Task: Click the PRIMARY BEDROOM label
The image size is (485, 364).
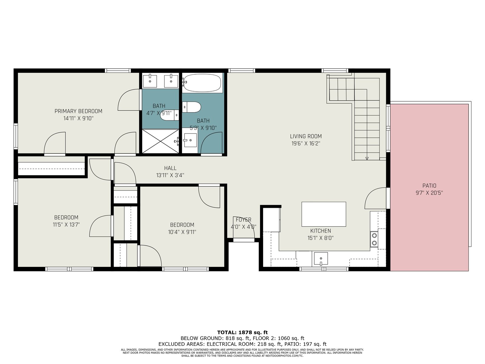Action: coord(79,111)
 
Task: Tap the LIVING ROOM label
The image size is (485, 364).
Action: coord(306,136)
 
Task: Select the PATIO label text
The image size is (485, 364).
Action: coord(429,186)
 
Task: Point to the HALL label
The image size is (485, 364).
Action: coord(170,168)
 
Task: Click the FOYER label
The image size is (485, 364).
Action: coord(243,220)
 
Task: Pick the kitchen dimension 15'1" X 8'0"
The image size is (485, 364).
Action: coord(320,238)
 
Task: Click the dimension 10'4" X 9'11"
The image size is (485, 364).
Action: coord(182,232)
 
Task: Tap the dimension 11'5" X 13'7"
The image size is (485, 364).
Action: coord(66,225)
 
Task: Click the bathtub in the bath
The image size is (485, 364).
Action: coord(202,83)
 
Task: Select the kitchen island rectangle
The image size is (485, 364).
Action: coord(324,214)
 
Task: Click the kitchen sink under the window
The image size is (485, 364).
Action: coord(321,258)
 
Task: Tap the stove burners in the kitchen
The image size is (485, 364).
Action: coord(374,239)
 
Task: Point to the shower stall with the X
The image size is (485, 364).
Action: coord(160,141)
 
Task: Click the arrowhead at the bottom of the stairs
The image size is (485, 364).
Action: coord(367,158)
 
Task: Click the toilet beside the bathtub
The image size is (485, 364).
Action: coord(191,107)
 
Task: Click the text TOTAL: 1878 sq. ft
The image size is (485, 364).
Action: coord(242,332)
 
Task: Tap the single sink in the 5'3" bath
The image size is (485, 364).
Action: coord(190,140)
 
